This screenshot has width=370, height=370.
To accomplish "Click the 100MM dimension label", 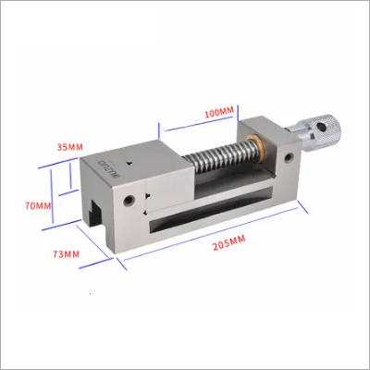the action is pyautogui.click(x=219, y=112).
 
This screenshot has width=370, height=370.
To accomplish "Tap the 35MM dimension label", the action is pyautogui.click(x=70, y=147).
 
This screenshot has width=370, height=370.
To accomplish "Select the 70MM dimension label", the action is pyautogui.click(x=38, y=205).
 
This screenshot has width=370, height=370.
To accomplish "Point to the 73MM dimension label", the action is pyautogui.click(x=67, y=254).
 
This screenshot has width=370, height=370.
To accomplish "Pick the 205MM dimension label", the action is pyautogui.click(x=228, y=241).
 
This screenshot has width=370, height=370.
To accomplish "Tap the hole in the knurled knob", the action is pyautogui.click(x=323, y=127).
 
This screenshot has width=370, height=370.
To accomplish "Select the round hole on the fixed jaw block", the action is pyautogui.click(x=289, y=158).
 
